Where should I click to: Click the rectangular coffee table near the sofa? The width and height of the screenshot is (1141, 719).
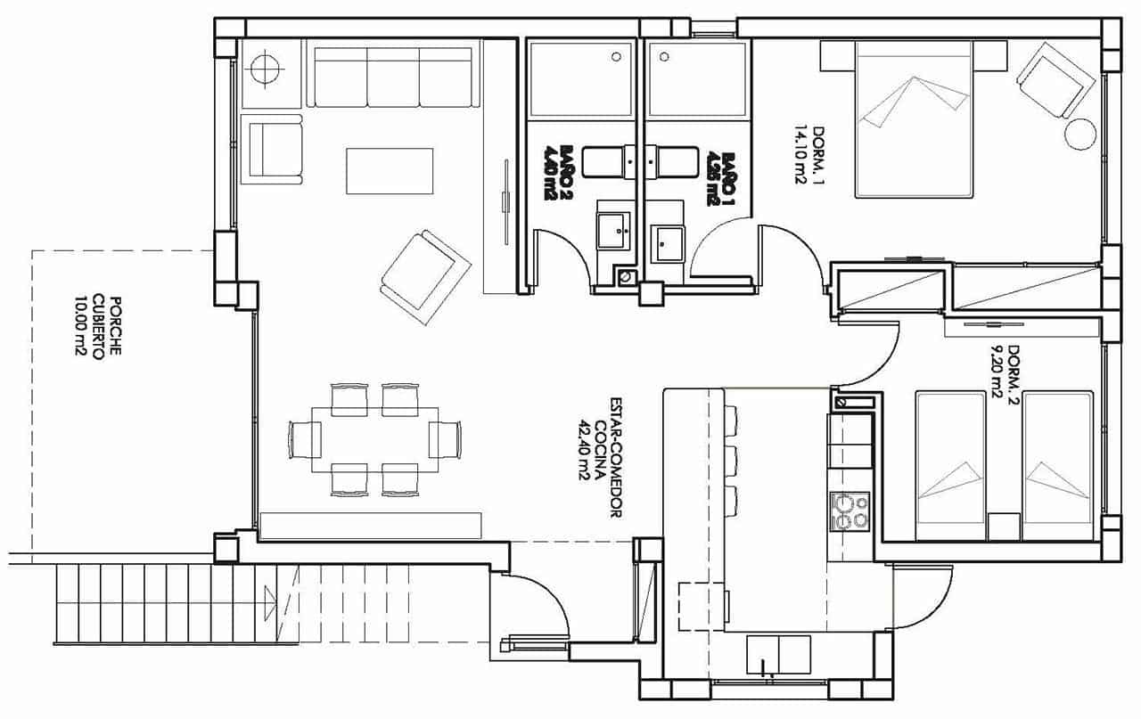(x=390, y=171)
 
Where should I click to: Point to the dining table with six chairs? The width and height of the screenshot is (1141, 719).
(x=375, y=439)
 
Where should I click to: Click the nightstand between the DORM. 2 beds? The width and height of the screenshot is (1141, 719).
(x=1004, y=527)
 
